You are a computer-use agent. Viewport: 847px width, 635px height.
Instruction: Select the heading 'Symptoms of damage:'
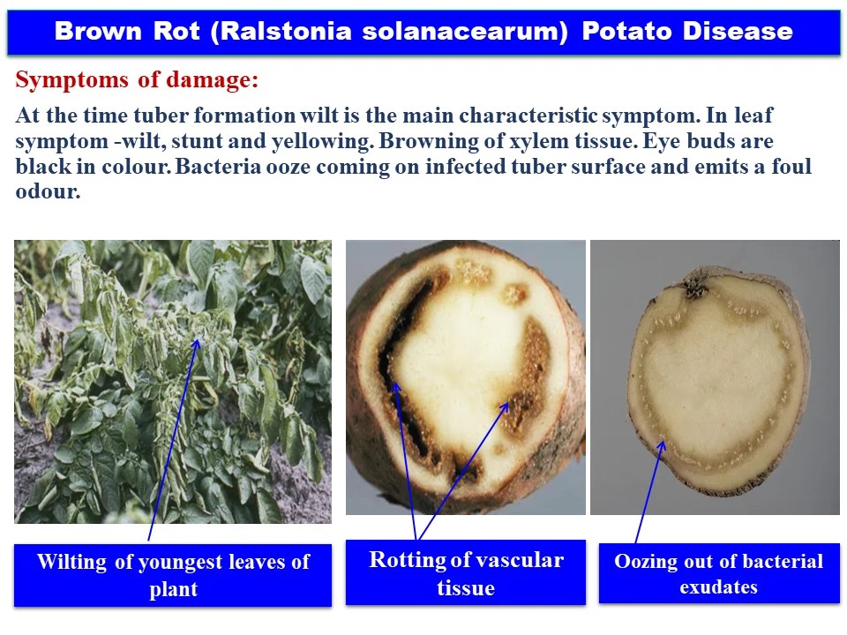[138, 81]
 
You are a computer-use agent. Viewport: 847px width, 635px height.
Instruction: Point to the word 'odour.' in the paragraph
[48, 191]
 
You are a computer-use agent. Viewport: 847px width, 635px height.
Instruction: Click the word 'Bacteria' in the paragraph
[213, 167]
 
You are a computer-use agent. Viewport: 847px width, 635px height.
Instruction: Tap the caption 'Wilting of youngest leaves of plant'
[173, 575]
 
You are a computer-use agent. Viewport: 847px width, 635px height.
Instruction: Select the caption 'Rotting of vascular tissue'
[465, 572]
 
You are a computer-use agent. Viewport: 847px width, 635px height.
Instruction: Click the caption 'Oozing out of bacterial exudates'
[718, 573]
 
